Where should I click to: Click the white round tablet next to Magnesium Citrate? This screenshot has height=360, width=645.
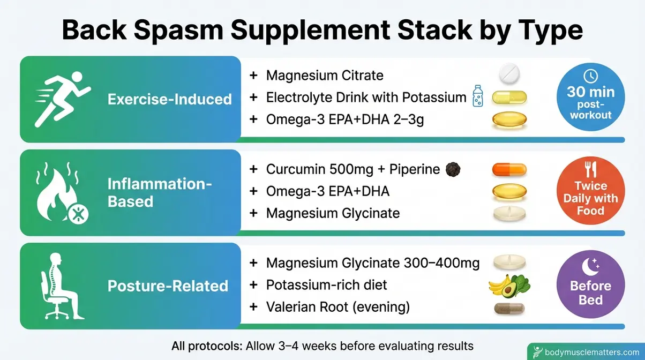509,74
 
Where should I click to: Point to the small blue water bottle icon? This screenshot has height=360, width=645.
477,97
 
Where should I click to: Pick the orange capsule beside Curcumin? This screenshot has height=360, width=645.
508,170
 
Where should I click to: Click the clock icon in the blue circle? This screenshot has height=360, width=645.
590,76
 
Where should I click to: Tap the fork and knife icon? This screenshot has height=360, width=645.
590,170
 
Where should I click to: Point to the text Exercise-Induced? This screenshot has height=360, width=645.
169,99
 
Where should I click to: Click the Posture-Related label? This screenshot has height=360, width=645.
168,286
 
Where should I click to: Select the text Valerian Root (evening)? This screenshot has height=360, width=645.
337,307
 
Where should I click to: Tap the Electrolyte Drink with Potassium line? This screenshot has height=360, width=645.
366,97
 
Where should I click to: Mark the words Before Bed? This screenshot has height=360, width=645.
590,292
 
